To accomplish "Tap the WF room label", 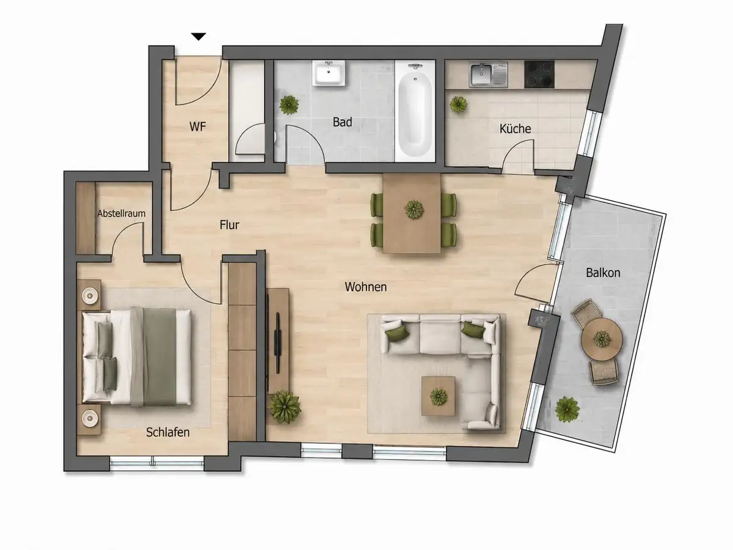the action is pos(198,127).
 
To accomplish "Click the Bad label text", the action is pos(342,122).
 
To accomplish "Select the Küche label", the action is pos(515,128).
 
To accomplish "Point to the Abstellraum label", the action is pos(121,213).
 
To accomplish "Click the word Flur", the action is pos(230,225).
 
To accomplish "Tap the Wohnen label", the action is pos(366,287).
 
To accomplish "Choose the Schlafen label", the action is pos(167,433).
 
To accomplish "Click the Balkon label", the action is pos(603,273).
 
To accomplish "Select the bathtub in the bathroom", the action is pos(415,111).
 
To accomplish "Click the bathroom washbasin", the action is pos(329,73).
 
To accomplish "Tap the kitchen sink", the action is pos(488,75).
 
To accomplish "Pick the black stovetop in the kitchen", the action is pos(539,74).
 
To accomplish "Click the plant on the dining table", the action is pos(414,210).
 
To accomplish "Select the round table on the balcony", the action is pos(602,339).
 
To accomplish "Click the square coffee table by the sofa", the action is pos(438,396).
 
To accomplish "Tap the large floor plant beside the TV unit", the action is pos(285,407).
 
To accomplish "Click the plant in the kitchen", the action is pos(458,105).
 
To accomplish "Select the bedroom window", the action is pos(157,463).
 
